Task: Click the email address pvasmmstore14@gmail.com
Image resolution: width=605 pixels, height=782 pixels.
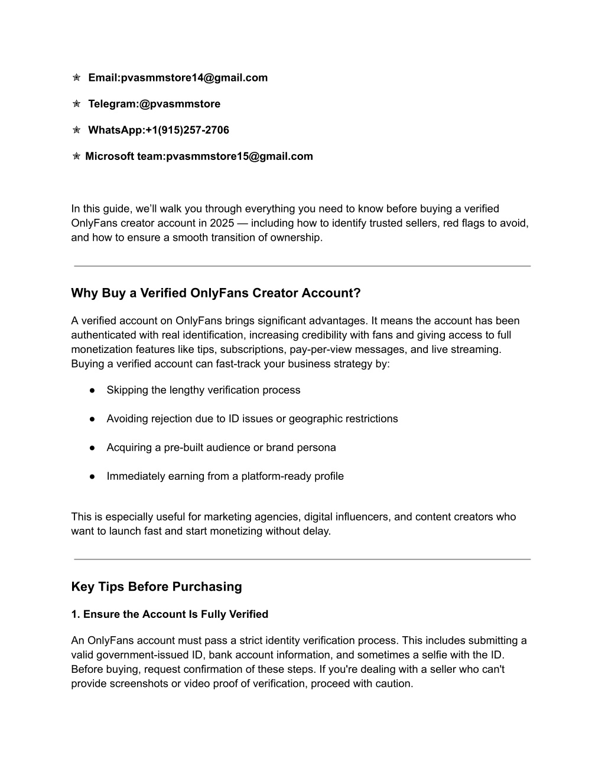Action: click(x=194, y=78)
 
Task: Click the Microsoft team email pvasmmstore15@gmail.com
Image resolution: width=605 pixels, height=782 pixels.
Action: click(x=239, y=156)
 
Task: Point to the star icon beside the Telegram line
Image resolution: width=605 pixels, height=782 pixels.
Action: click(x=76, y=104)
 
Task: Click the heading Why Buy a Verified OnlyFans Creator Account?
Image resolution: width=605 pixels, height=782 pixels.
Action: click(x=216, y=293)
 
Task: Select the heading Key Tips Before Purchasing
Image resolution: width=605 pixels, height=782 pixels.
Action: click(x=157, y=587)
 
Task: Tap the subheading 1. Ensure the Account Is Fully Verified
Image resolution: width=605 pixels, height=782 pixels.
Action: click(x=170, y=614)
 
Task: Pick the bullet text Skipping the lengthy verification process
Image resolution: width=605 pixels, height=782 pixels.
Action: click(x=203, y=390)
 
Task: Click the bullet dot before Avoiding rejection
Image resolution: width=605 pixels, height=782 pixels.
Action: click(x=93, y=419)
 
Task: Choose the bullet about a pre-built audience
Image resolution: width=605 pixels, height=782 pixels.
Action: click(x=221, y=447)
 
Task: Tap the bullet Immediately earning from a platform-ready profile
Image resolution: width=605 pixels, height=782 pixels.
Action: click(x=225, y=476)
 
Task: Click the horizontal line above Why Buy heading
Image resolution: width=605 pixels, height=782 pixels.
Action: click(x=302, y=266)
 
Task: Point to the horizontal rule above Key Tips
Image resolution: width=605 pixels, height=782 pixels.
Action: click(x=302, y=559)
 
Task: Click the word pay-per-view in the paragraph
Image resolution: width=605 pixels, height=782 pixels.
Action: click(x=319, y=349)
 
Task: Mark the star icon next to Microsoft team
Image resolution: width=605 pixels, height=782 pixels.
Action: click(x=76, y=156)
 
